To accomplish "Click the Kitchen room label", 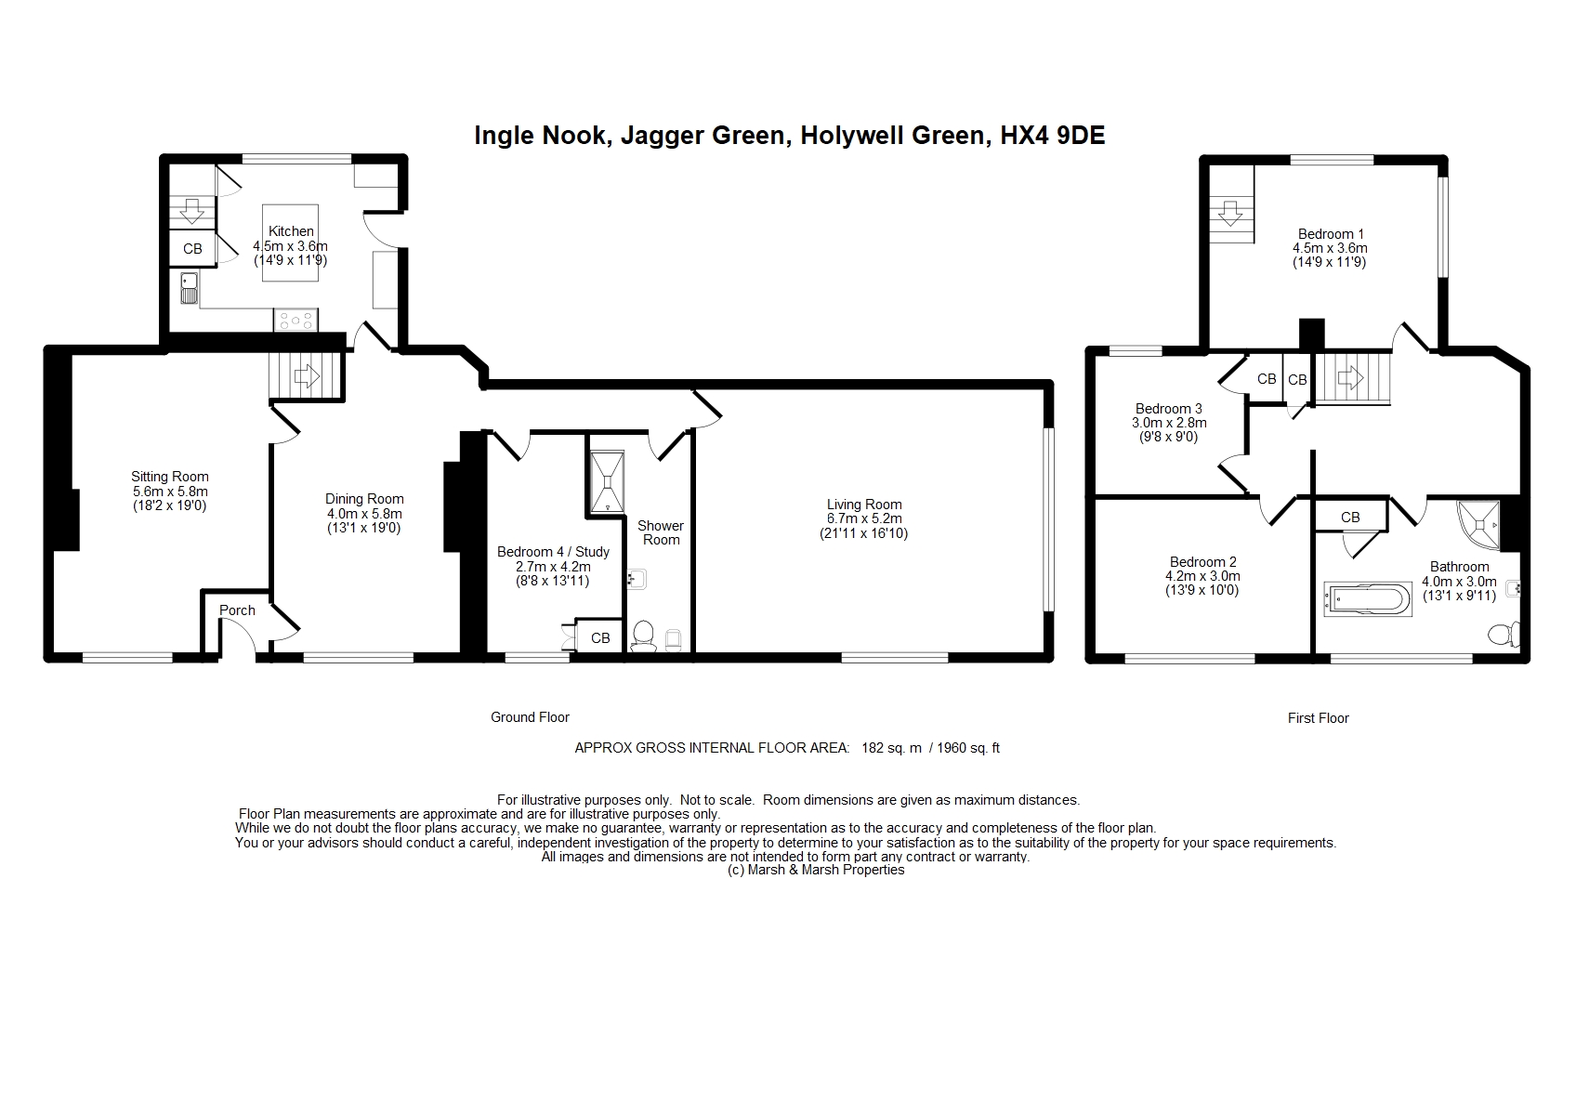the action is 291,231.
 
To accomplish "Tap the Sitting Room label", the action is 169,477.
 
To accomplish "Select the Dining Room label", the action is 363,499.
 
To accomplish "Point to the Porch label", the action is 237,610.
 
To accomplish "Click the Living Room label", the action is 864,505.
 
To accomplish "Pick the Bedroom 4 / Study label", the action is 553,552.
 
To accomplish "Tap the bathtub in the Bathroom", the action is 1368,599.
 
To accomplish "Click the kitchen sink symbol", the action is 190,288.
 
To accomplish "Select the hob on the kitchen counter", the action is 295,320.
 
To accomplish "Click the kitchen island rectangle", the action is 291,243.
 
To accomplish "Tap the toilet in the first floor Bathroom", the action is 1504,634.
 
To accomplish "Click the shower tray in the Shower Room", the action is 607,482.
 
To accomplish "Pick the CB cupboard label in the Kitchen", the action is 192,249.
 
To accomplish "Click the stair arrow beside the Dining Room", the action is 306,376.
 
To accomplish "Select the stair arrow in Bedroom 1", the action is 1229,213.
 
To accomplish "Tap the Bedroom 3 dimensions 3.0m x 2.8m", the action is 1169,423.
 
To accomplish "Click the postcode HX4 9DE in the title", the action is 1053,135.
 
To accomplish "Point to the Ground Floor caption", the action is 530,716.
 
